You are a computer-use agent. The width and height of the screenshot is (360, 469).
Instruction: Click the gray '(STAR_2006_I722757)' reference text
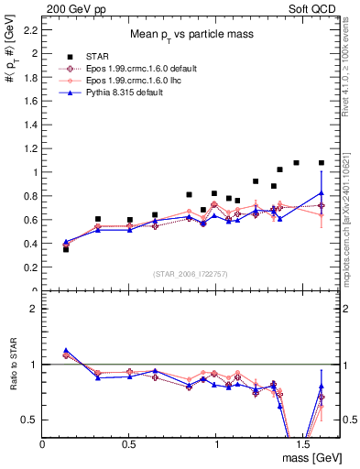pyautogui.click(x=191, y=274)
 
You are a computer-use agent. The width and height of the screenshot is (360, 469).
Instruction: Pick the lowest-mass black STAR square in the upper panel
pyautogui.click(x=66, y=249)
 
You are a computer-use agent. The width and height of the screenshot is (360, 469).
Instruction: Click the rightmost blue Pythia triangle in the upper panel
pyautogui.click(x=321, y=192)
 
